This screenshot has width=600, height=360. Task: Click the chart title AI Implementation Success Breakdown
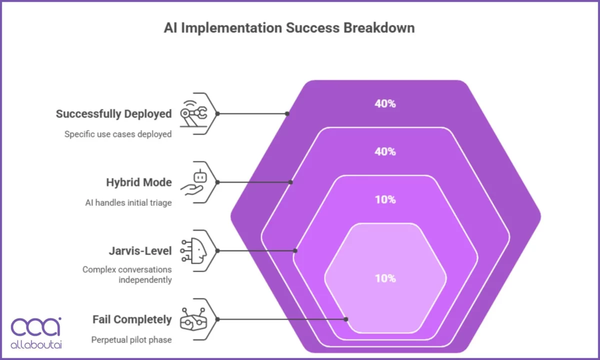click(289, 27)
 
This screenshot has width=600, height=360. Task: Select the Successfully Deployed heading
click(113, 114)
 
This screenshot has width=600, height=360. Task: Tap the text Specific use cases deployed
click(118, 134)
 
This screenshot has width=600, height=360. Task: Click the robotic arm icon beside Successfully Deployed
click(193, 113)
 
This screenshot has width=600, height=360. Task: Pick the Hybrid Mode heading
click(138, 182)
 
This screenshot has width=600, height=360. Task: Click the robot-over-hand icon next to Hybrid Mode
click(193, 182)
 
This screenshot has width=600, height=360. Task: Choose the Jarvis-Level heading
click(140, 250)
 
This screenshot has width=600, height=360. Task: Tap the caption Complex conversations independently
click(127, 274)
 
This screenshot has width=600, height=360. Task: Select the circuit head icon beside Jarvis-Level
click(194, 250)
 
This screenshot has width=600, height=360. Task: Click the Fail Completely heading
click(132, 319)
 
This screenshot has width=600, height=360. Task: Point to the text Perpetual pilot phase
click(131, 340)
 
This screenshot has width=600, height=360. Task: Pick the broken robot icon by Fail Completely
click(193, 319)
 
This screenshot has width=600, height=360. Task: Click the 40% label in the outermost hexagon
click(385, 104)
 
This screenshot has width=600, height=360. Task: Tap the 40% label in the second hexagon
click(385, 151)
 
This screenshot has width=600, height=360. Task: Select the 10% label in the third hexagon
click(385, 199)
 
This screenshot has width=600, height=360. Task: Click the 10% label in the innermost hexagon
click(385, 278)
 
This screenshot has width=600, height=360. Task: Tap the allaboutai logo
click(36, 332)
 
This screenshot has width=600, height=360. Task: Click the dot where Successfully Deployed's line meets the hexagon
click(287, 113)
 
